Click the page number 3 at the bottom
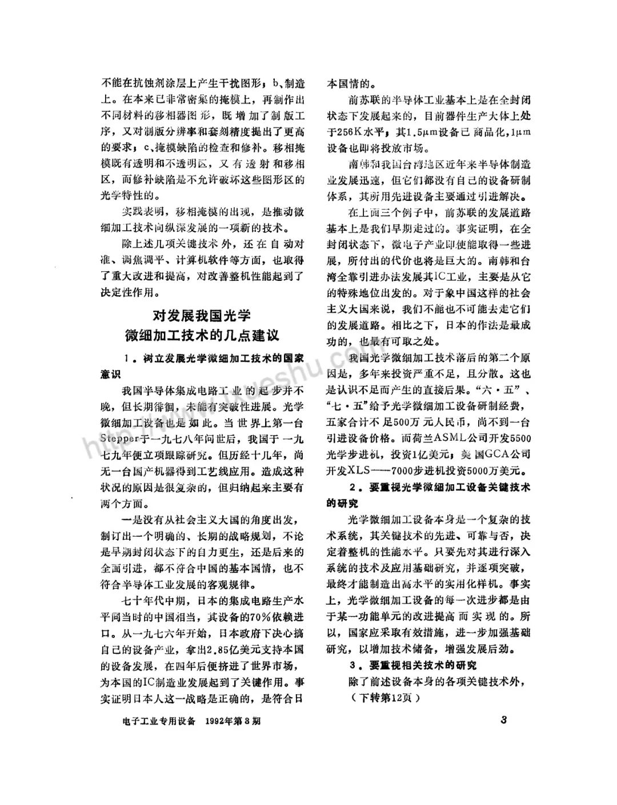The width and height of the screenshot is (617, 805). pos(503,719)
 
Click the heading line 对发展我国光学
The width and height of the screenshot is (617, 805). pos(201,315)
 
